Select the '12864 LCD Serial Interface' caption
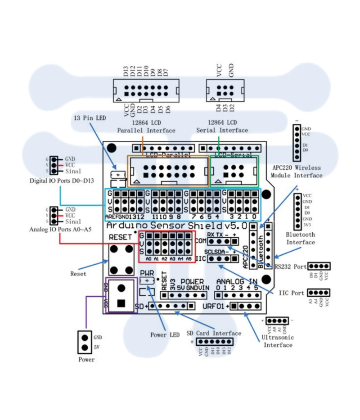222,126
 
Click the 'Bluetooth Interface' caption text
301,238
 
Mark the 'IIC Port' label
291,293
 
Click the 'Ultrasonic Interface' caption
278,341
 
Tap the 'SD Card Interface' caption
214,333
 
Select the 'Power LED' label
165,335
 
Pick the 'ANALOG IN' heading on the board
236,282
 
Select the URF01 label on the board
214,307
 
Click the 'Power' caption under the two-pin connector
86,360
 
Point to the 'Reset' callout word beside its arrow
78,273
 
